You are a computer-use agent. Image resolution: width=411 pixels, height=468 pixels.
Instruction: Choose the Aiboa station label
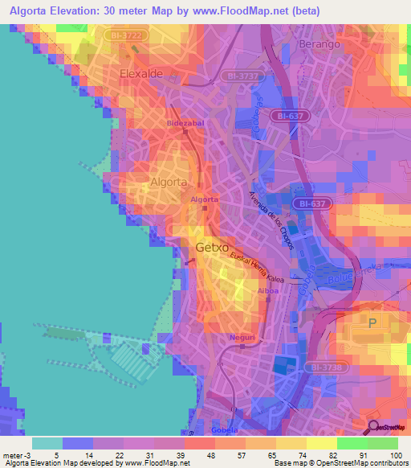pos(268,291)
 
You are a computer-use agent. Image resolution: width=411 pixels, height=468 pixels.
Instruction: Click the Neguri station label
pos(242,337)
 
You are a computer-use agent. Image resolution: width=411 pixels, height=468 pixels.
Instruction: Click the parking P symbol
pos(372,323)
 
